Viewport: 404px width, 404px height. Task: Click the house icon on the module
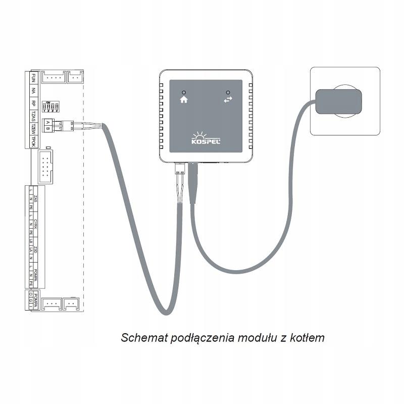click(183, 100)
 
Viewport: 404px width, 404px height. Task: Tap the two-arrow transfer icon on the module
click(228, 100)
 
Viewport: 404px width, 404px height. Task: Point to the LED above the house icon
click(183, 92)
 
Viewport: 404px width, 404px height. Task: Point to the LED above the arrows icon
click(228, 92)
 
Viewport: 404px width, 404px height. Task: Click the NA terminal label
click(33, 91)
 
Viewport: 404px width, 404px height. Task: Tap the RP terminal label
click(33, 104)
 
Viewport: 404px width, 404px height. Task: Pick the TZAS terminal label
click(33, 117)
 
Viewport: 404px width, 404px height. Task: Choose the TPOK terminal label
click(33, 141)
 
